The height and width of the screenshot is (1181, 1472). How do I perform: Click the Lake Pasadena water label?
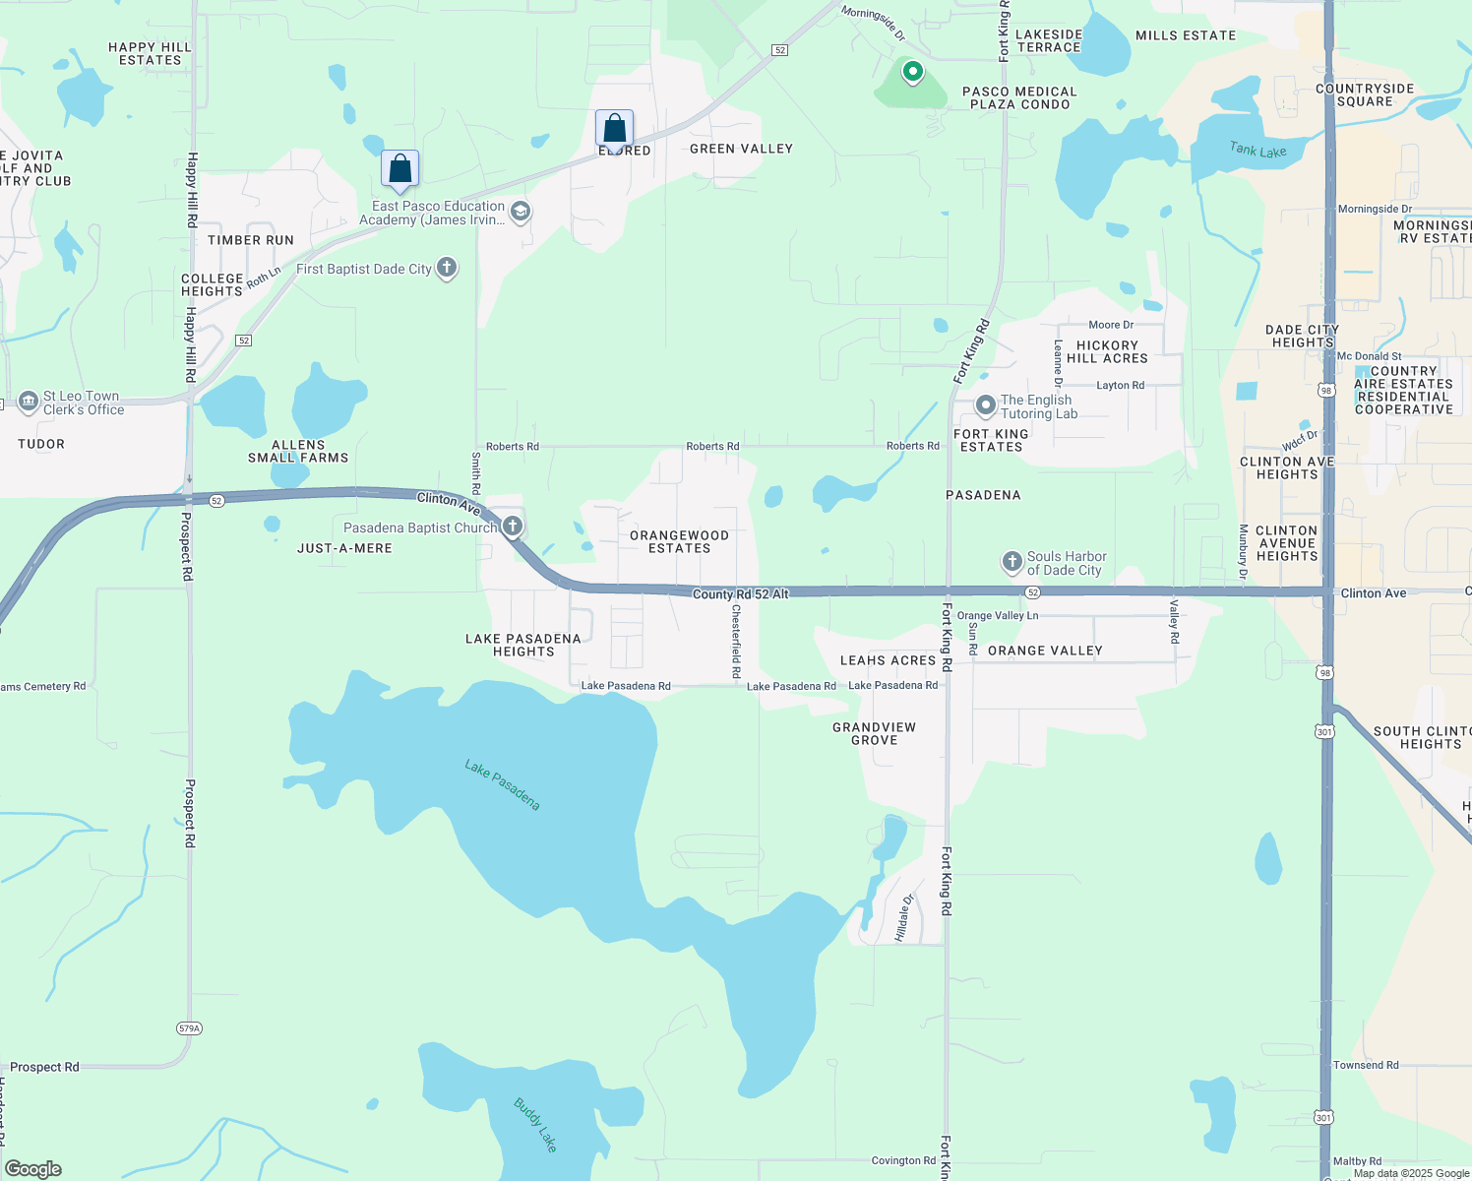pyautogui.click(x=502, y=784)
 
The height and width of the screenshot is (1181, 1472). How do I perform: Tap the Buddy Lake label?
pyautogui.click(x=535, y=1124)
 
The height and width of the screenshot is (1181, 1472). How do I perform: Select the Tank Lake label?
pyautogui.click(x=1257, y=150)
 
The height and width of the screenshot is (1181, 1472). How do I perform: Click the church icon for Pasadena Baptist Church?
pyautogui.click(x=513, y=527)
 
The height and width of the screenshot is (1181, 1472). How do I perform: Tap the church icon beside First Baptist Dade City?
pyautogui.click(x=447, y=268)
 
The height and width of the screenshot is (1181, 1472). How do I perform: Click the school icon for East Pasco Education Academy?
pyautogui.click(x=521, y=212)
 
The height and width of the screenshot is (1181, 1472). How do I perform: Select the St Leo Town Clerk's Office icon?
pyautogui.click(x=28, y=403)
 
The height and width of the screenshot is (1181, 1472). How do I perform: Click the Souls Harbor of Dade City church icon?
pyautogui.click(x=1012, y=562)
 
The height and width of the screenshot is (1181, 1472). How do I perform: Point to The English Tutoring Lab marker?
pyautogui.click(x=985, y=405)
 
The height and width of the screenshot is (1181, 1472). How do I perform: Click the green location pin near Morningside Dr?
pyautogui.click(x=913, y=72)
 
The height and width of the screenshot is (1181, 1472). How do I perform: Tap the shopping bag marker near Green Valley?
pyautogui.click(x=614, y=129)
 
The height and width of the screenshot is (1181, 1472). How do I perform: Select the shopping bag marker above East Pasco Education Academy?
pyautogui.click(x=400, y=168)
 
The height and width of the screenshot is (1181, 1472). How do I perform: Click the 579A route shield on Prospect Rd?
pyautogui.click(x=189, y=1028)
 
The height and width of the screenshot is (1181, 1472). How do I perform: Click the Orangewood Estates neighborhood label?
pyautogui.click(x=679, y=541)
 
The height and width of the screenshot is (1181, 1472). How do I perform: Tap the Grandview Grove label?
pyautogui.click(x=874, y=733)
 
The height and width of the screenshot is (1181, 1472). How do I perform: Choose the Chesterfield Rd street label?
pyautogui.click(x=736, y=641)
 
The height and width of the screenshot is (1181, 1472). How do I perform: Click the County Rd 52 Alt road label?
pyautogui.click(x=740, y=594)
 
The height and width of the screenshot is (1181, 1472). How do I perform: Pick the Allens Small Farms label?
pyautogui.click(x=298, y=451)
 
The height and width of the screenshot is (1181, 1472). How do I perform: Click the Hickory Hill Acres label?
pyautogui.click(x=1107, y=351)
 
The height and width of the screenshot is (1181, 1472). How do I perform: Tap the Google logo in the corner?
pyautogui.click(x=33, y=1169)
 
